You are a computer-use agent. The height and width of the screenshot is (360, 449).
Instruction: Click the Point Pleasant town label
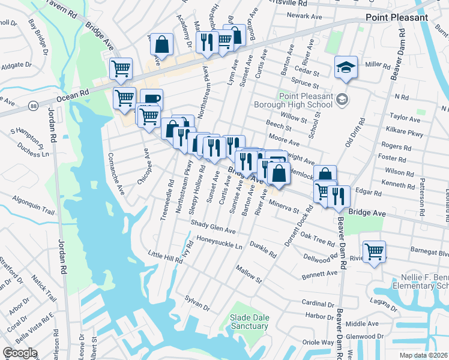397,17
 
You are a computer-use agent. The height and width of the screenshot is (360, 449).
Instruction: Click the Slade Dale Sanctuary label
249,322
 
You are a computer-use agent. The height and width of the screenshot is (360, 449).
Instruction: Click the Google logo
20,352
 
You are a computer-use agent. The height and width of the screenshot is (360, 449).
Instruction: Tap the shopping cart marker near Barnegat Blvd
374,251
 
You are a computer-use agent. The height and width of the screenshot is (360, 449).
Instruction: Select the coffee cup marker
151,100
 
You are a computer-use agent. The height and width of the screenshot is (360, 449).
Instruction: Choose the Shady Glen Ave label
213,226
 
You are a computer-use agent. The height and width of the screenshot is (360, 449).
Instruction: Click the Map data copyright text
423,355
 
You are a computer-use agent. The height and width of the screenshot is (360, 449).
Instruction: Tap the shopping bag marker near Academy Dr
161,44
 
